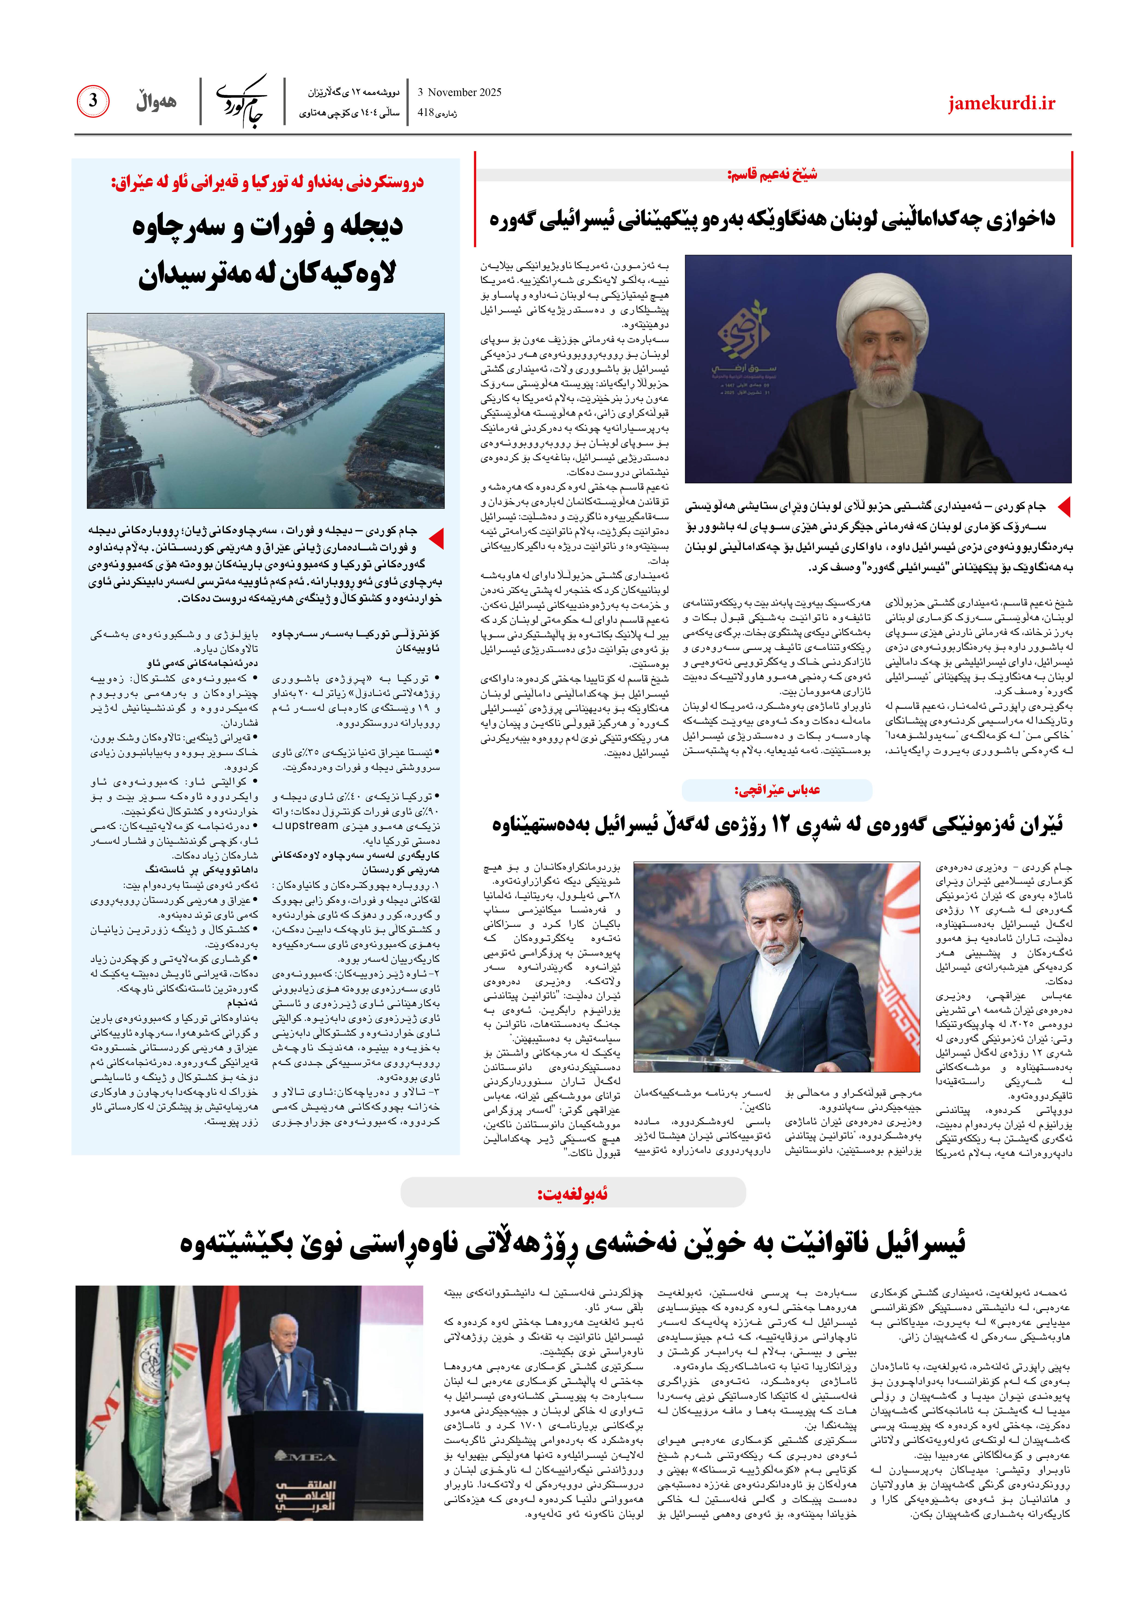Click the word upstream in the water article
click(311, 825)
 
